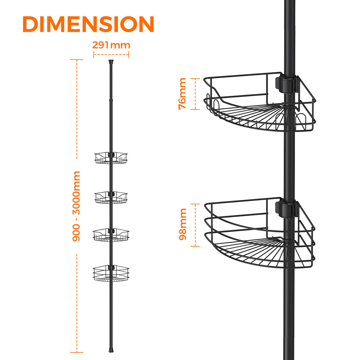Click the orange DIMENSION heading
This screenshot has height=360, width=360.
pyautogui.click(x=88, y=24)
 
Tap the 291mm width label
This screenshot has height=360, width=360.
pyautogui.click(x=111, y=45)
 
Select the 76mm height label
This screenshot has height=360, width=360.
pyautogui.click(x=182, y=94)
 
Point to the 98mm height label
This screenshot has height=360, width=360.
pyautogui.click(x=182, y=224)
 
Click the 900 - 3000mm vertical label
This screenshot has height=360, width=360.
pyautogui.click(x=76, y=206)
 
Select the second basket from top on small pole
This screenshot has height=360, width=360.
pyautogui.click(x=111, y=197)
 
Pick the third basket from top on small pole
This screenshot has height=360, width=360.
pyautogui.click(x=111, y=235)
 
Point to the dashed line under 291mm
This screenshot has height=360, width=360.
pyautogui.click(x=111, y=55)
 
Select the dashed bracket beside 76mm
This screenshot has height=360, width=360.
pyautogui.click(x=195, y=94)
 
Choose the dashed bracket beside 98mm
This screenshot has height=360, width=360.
pyautogui.click(x=195, y=225)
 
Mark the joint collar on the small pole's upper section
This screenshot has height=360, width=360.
pyautogui.click(x=111, y=100)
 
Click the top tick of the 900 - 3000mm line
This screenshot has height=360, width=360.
pyautogui.click(x=77, y=60)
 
